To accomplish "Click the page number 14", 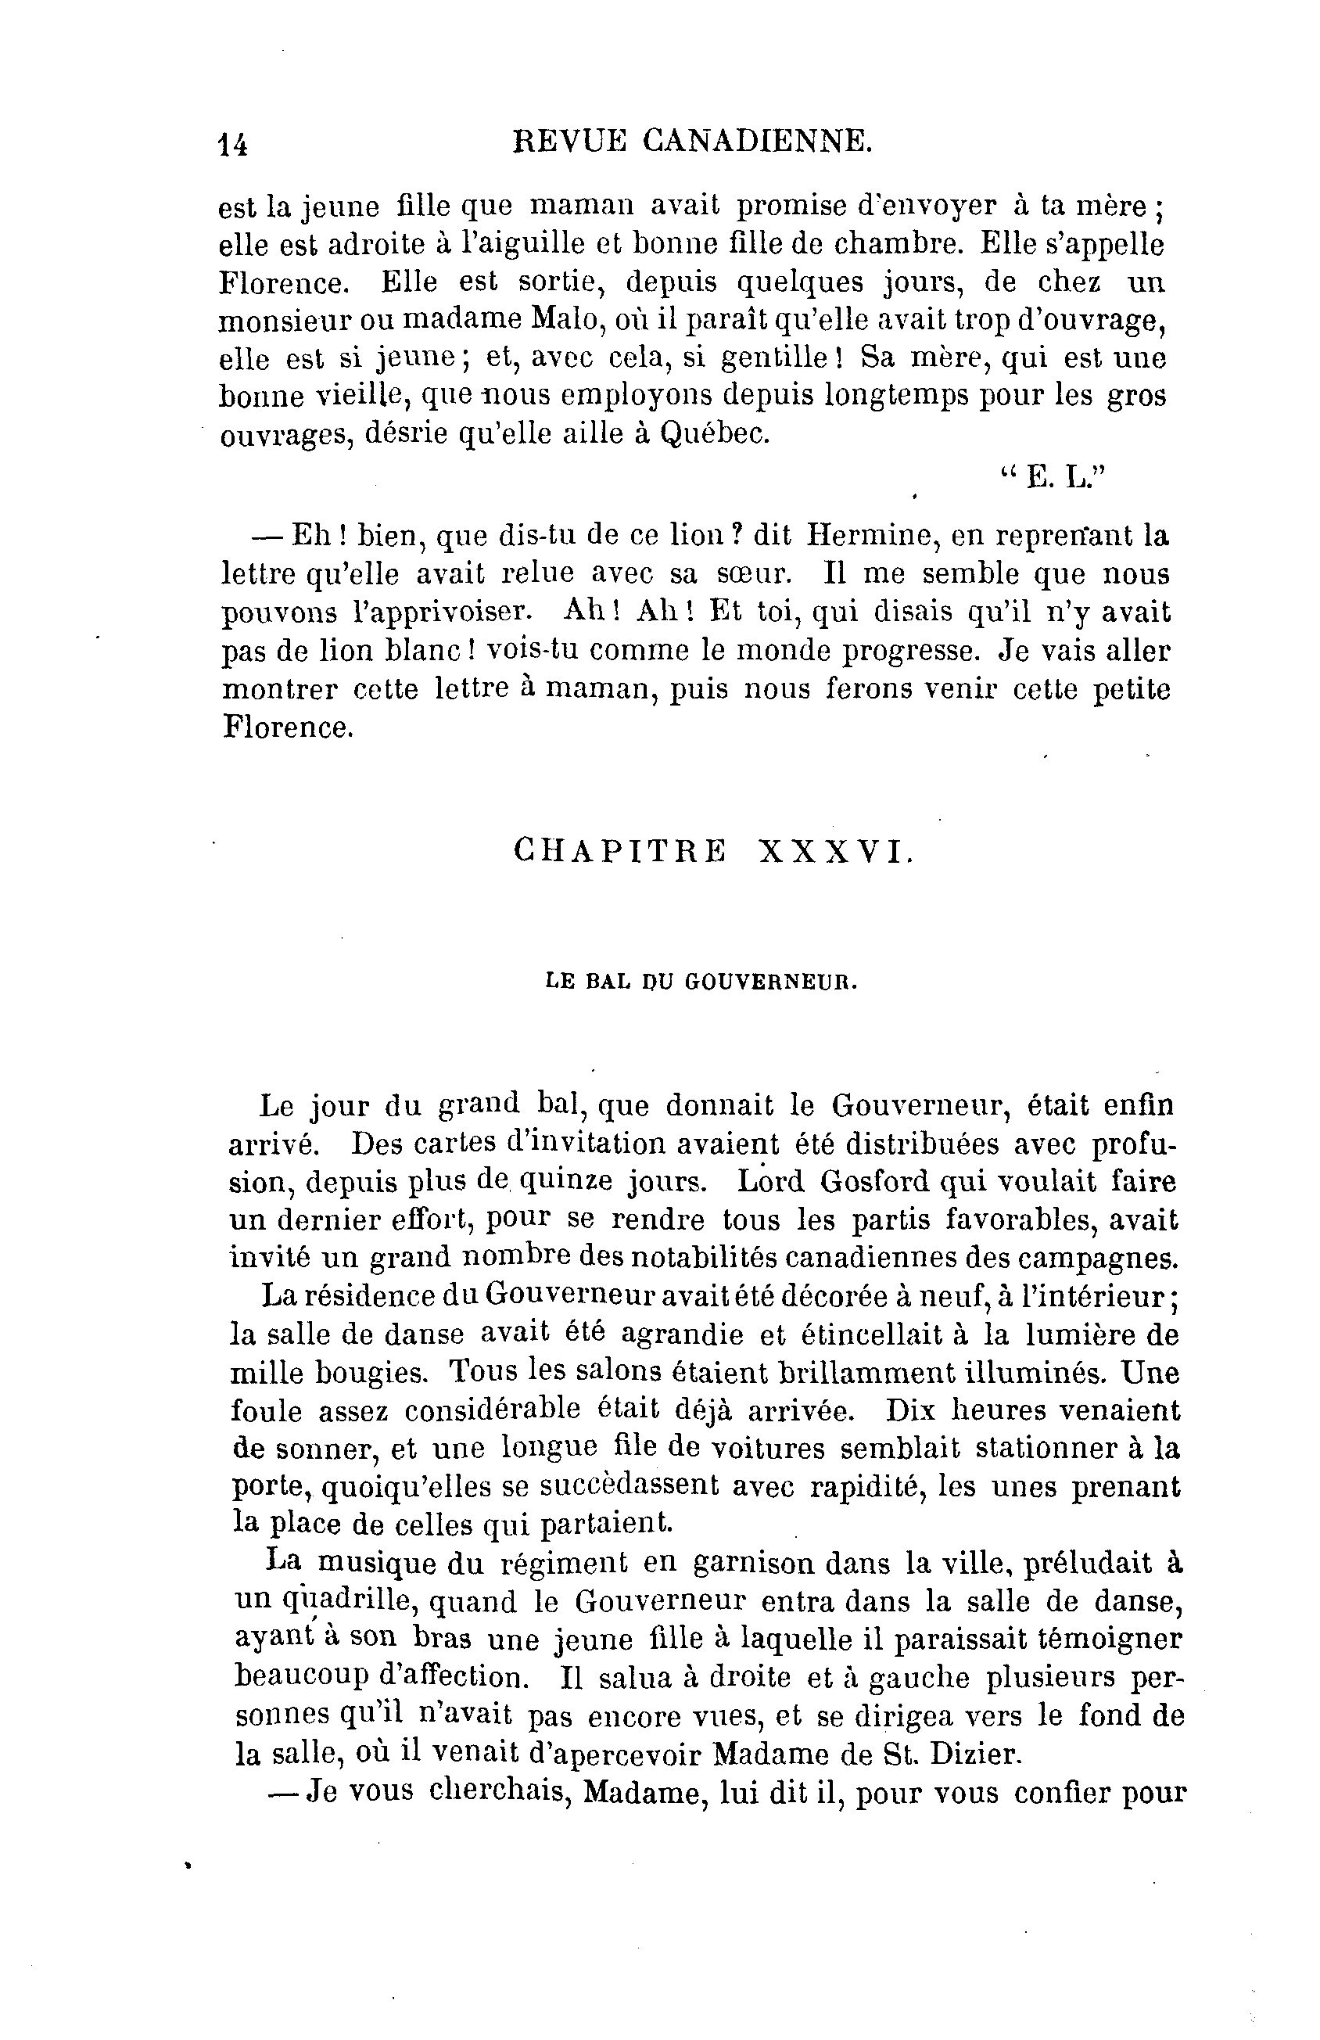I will (232, 143).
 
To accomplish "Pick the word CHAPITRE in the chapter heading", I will (621, 850).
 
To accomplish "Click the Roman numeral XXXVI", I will (832, 850).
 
